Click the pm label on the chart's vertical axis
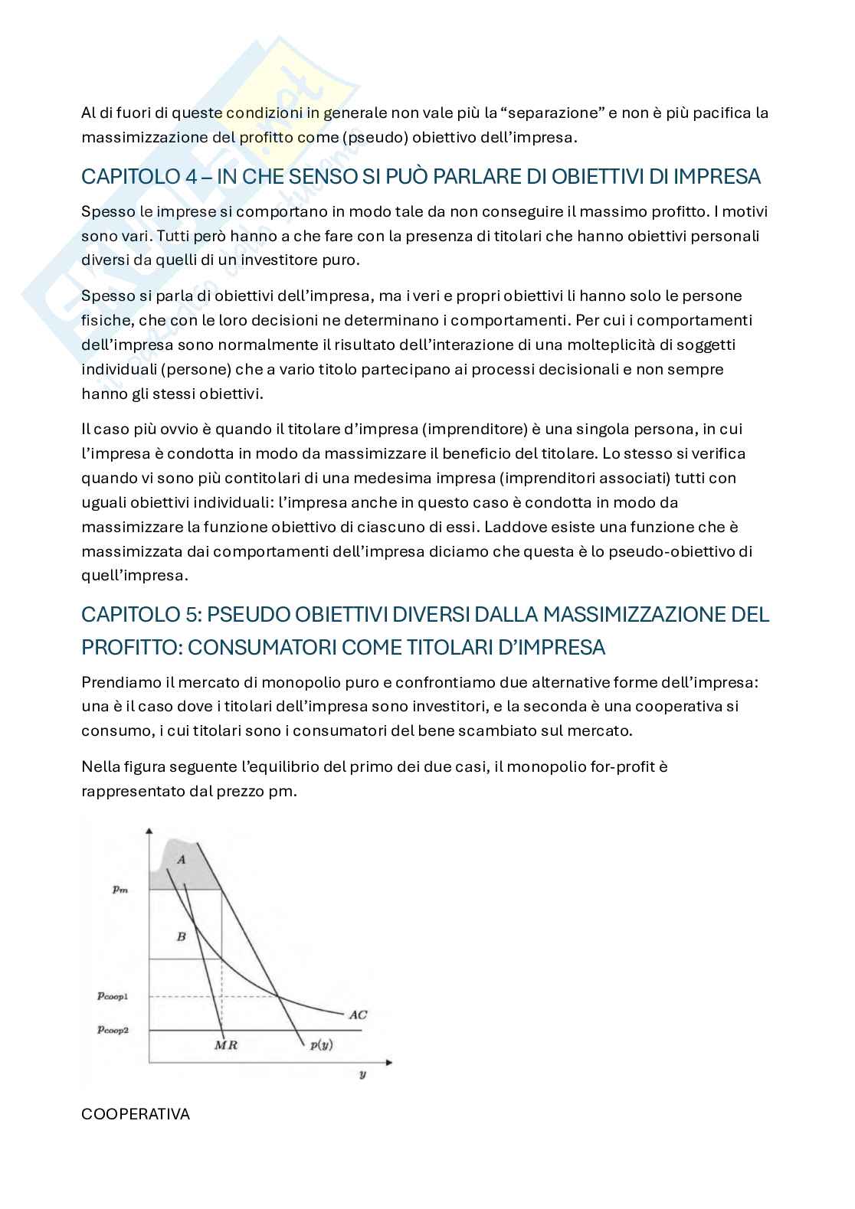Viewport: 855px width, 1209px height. (120, 890)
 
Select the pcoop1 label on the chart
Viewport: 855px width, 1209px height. (113, 996)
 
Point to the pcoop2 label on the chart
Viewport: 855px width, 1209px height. (113, 1030)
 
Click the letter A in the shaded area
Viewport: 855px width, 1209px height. (182, 860)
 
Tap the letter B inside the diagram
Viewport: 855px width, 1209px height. (182, 936)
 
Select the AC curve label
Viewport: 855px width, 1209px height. (358, 1015)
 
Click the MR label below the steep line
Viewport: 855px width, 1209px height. (226, 1045)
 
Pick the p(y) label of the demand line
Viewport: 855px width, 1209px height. (321, 1045)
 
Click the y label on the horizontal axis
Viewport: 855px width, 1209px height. (362, 1075)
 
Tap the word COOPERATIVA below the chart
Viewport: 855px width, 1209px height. (136, 1114)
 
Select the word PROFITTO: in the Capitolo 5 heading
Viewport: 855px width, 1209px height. (131, 647)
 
